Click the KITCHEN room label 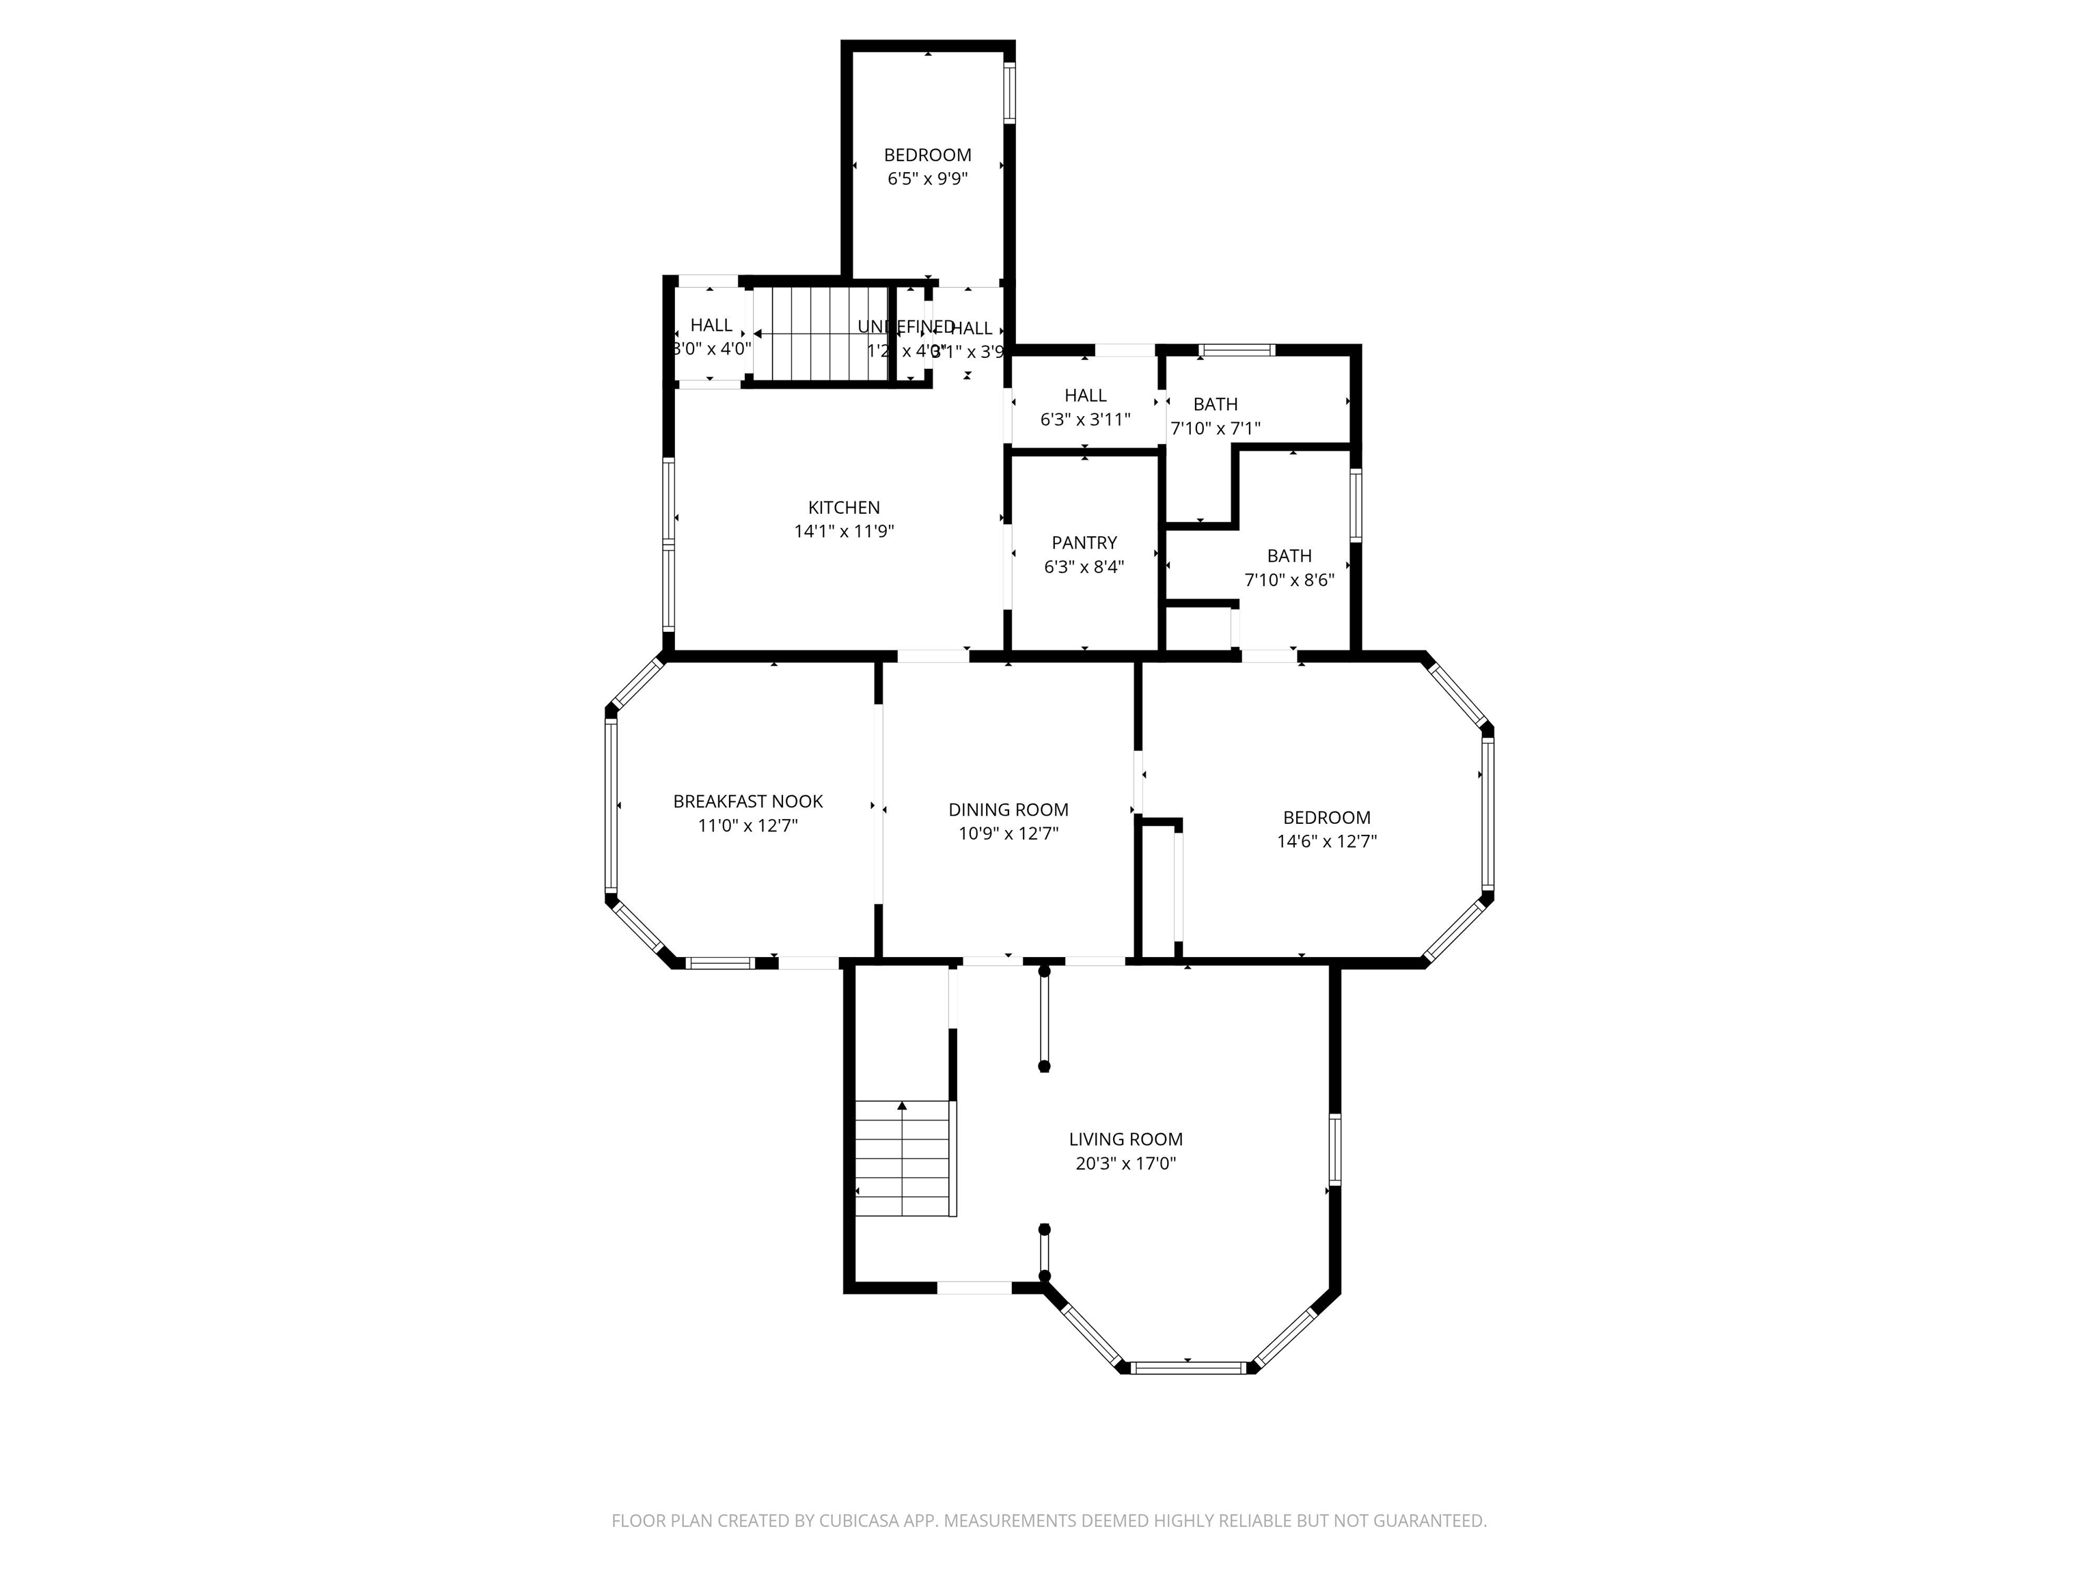844,508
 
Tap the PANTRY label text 1084,542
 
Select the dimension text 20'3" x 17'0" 1125,1163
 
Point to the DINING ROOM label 1008,810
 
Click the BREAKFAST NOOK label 747,802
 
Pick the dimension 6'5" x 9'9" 927,178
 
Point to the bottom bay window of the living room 1188,1367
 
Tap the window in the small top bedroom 1010,92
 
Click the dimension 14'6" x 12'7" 1327,840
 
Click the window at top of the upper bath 1237,350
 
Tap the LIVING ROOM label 1125,1140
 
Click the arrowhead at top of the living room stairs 903,1106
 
